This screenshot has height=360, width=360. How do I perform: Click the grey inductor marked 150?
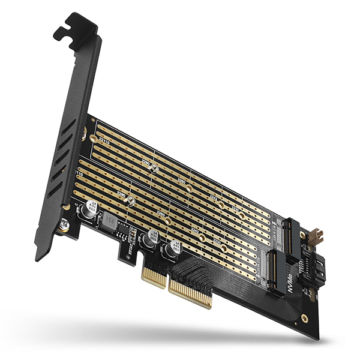110,221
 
